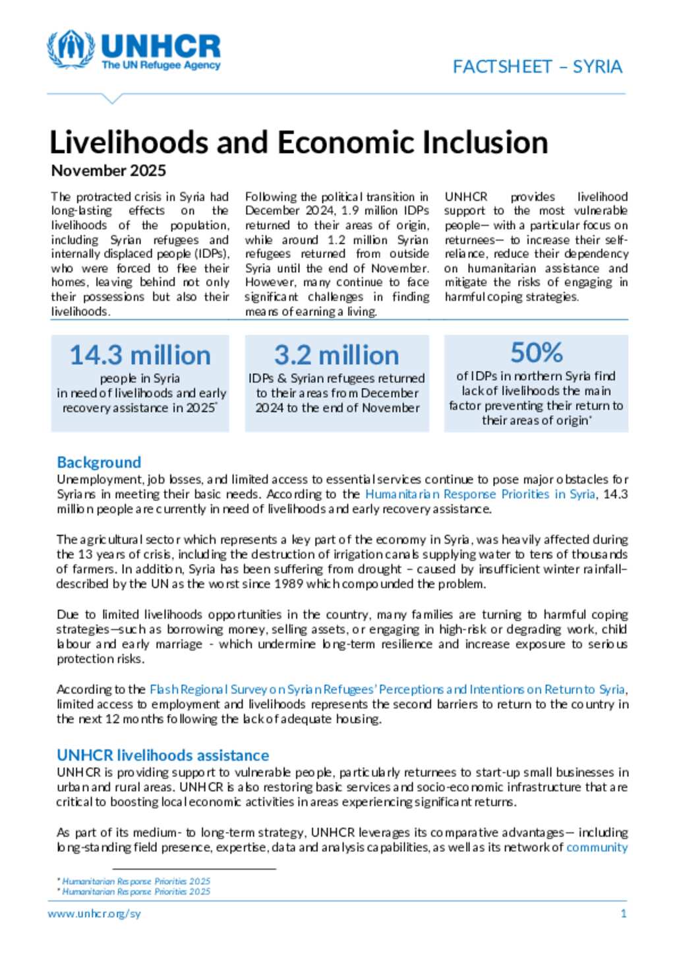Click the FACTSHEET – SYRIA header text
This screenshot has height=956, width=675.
click(537, 67)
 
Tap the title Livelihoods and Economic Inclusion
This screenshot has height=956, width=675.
click(299, 143)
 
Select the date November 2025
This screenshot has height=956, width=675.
click(109, 171)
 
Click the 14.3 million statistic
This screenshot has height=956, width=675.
click(140, 356)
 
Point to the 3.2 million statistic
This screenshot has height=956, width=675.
click(336, 356)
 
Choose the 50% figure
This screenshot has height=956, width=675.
click(536, 353)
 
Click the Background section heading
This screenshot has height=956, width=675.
click(99, 462)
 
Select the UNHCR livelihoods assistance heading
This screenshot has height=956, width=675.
click(163, 755)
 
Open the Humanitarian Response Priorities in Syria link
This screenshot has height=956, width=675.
click(480, 494)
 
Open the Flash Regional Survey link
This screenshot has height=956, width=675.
click(388, 689)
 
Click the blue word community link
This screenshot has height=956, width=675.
click(597, 847)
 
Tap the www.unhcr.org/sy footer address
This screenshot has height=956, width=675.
click(94, 914)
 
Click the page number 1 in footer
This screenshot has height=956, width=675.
click(624, 914)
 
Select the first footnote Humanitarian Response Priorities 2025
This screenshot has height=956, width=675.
click(136, 881)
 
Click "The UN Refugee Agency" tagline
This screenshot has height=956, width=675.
click(161, 65)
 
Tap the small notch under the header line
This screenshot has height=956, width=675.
click(113, 99)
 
